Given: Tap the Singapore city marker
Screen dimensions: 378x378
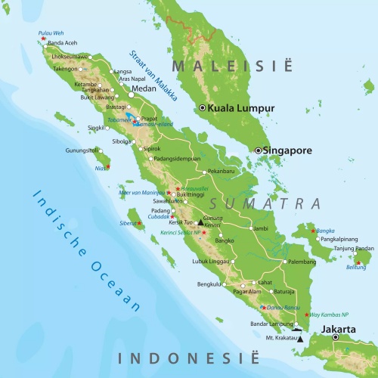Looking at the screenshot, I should pyautogui.click(x=258, y=150).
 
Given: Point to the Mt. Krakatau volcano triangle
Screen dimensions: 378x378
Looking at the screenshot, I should pyautogui.click(x=300, y=339).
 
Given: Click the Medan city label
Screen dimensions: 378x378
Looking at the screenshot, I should pyautogui.click(x=143, y=88).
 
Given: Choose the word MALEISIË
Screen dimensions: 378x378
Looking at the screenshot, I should pyautogui.click(x=231, y=67).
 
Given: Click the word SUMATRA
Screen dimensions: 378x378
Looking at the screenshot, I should pyautogui.click(x=265, y=203).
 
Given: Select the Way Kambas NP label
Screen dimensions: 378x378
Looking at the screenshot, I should pyautogui.click(x=330, y=314).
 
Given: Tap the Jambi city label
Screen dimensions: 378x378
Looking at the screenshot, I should pyautogui.click(x=260, y=228).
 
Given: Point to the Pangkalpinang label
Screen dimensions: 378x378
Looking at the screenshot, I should pyautogui.click(x=339, y=238).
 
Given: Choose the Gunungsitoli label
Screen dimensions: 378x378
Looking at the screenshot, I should pyautogui.click(x=82, y=150).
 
